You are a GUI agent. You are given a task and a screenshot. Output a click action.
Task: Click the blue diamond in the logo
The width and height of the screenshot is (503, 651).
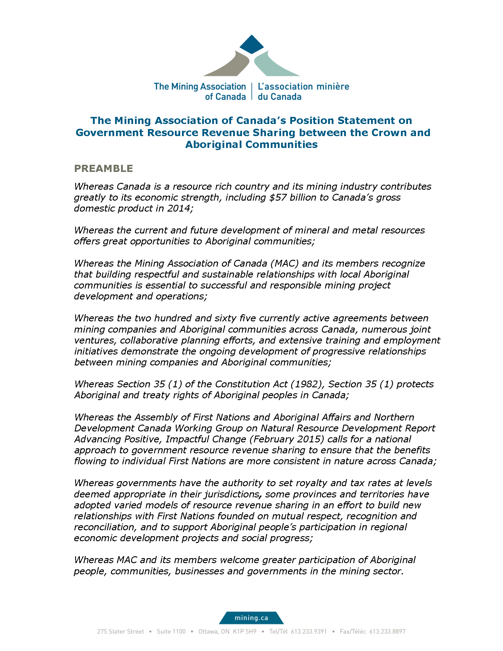(x=251, y=44)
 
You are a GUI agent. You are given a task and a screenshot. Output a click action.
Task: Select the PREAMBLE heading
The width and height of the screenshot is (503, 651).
(x=103, y=168)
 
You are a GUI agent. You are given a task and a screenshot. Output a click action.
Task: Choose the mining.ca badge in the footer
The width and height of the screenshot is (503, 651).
(x=251, y=618)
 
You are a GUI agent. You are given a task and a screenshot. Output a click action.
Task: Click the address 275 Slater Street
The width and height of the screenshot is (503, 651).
(x=120, y=632)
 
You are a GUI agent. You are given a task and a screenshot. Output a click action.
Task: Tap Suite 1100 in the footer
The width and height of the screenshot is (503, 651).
(x=171, y=632)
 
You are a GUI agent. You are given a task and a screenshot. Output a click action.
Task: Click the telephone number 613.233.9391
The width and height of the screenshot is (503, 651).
(x=309, y=632)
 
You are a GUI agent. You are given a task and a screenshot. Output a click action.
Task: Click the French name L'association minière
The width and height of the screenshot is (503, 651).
(x=303, y=86)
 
